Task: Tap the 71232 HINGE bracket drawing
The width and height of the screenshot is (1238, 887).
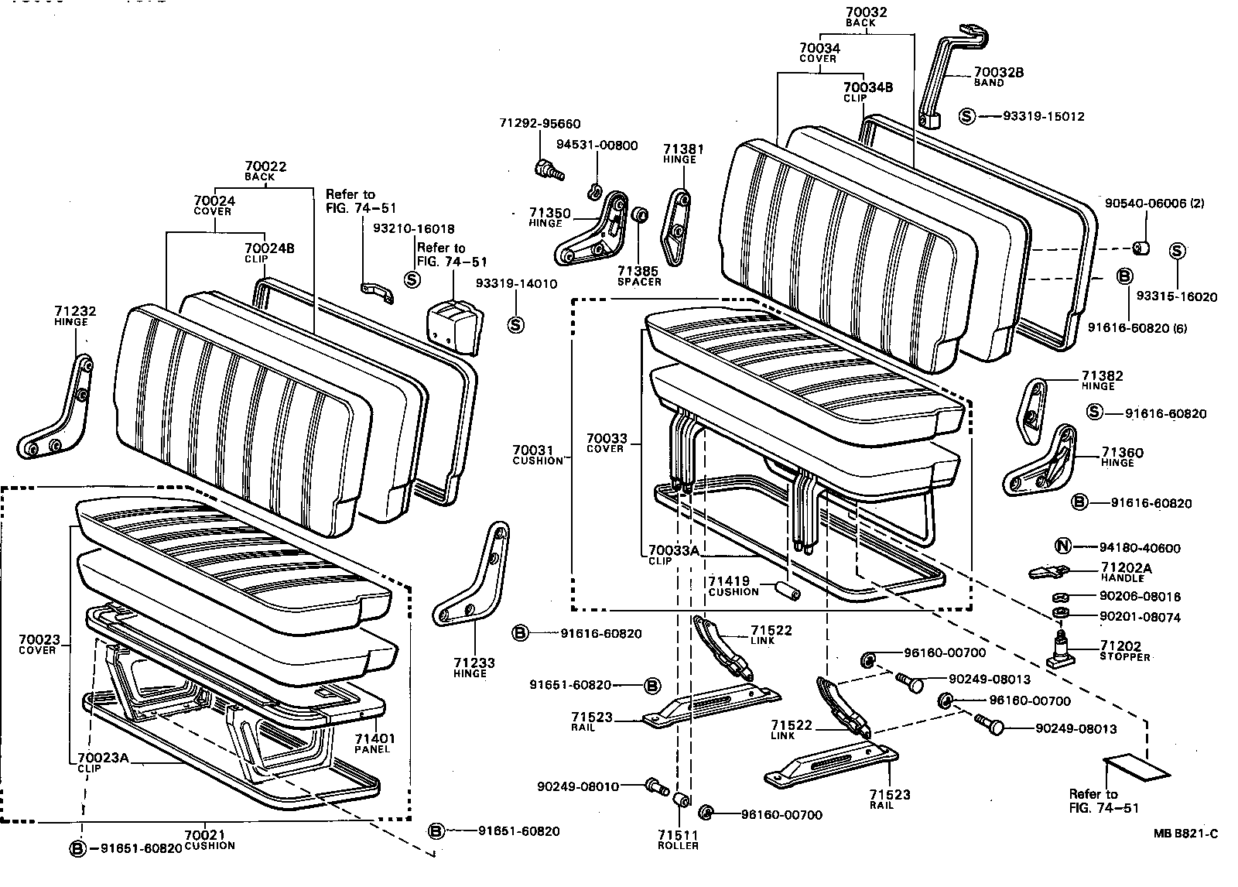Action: tap(58, 410)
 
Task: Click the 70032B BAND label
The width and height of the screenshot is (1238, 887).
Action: tap(998, 77)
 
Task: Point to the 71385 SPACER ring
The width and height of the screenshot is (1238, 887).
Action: tap(640, 214)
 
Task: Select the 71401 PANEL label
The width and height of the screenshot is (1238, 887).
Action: tap(374, 744)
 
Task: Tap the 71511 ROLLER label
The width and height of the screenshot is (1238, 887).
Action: tap(679, 840)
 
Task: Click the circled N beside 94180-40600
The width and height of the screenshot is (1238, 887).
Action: tap(1063, 547)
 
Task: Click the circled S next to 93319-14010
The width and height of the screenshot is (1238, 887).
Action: tap(515, 324)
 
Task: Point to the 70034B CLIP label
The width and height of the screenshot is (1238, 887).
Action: tap(867, 92)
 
